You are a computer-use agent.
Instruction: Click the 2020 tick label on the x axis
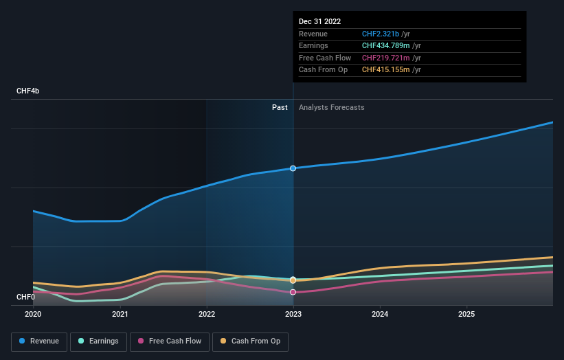point(33,314)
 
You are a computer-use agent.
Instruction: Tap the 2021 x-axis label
point(120,314)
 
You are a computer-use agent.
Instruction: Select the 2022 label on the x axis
point(207,314)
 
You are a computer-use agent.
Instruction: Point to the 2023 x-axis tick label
point(293,314)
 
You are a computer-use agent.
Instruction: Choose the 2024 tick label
point(380,314)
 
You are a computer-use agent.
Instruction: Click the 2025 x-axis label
point(466,314)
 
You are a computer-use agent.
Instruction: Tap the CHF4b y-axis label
point(27,91)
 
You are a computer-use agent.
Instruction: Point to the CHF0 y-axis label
point(25,297)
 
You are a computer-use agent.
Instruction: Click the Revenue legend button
point(39,341)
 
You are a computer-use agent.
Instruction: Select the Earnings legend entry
point(98,341)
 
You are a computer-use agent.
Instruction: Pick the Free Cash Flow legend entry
point(170,341)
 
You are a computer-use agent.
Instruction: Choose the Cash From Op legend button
point(250,341)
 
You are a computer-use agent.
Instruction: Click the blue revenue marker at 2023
point(293,168)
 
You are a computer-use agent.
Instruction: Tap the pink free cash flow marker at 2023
point(293,292)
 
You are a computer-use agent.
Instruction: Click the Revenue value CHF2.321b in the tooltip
point(381,34)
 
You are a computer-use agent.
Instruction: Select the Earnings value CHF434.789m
point(386,45)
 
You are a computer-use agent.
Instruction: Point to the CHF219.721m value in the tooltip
point(386,58)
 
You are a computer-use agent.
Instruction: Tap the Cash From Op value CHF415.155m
point(386,70)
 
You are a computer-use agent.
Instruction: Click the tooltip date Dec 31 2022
point(319,21)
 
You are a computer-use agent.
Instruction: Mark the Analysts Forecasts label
point(332,108)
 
